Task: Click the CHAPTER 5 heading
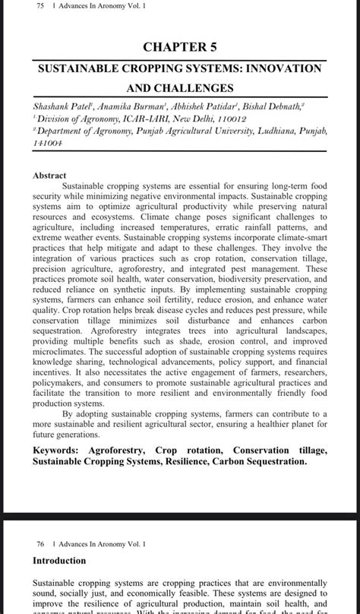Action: (x=180, y=47)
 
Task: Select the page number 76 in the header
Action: (x=39, y=544)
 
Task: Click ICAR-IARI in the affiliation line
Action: (x=136, y=119)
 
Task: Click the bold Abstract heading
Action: (x=49, y=175)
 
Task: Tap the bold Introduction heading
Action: (x=59, y=561)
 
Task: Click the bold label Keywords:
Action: (x=61, y=451)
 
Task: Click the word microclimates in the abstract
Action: (x=62, y=363)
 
